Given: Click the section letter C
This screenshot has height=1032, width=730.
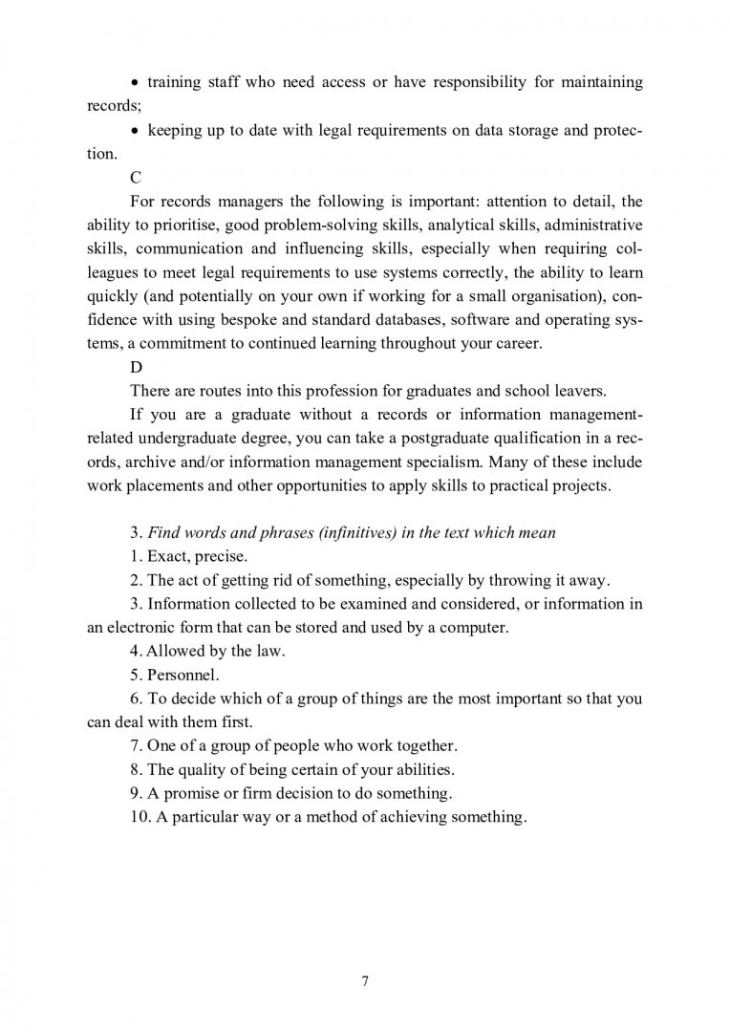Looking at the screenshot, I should (x=134, y=178).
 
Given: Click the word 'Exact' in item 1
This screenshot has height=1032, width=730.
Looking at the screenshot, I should (x=164, y=556).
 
